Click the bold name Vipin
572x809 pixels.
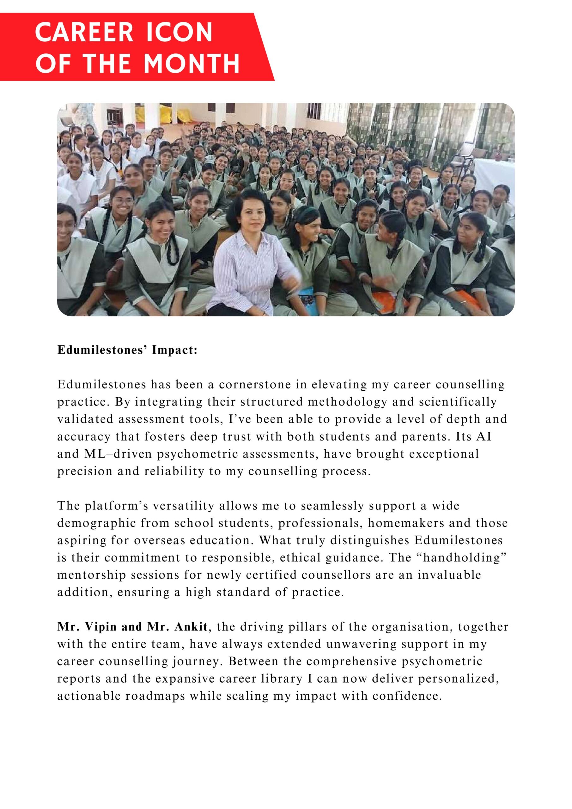point(101,627)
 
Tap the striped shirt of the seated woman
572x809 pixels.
point(247,268)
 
